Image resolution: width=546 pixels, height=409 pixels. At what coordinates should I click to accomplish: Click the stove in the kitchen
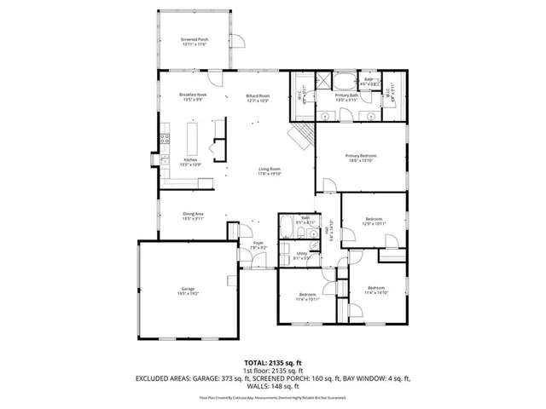coord(164,138)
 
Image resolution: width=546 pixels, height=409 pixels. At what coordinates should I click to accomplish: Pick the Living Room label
coord(270,170)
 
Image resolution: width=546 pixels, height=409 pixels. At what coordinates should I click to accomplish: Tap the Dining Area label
coord(192,216)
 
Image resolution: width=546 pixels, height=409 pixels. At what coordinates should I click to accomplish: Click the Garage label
coord(189,292)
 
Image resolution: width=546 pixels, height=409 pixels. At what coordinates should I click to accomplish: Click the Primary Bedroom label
coord(361,158)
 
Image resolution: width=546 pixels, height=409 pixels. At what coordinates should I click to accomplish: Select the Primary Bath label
coord(346,99)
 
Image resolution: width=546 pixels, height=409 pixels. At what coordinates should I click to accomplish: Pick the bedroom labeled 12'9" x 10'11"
coord(375,221)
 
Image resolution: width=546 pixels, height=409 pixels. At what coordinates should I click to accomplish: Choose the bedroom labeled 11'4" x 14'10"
coord(376,290)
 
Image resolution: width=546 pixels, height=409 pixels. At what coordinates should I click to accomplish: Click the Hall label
coord(328,232)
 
